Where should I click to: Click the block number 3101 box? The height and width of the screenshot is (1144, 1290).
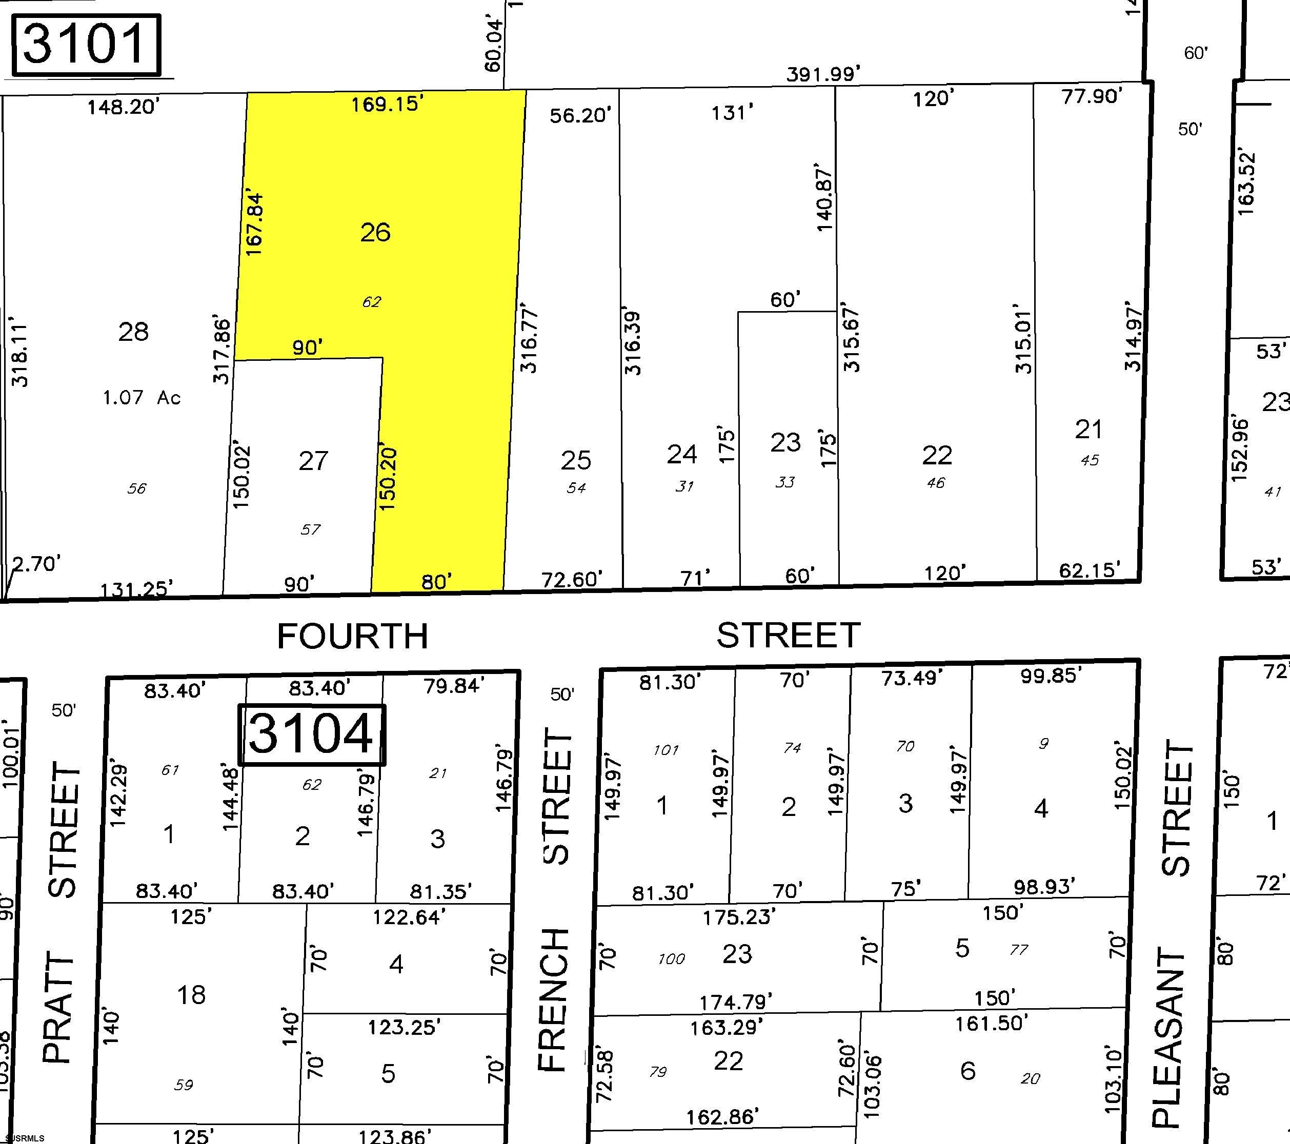87,45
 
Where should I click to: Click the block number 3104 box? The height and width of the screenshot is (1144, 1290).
311,734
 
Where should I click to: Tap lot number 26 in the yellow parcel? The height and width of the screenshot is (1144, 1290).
375,232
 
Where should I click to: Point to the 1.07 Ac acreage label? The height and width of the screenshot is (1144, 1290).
142,398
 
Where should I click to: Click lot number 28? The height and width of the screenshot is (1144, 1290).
133,331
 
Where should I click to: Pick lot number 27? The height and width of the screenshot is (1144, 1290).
313,461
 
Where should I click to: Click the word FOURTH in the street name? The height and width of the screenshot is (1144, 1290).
353,636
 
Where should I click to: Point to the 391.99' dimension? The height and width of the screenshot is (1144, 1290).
823,74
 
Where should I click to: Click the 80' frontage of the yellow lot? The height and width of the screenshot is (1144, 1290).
437,581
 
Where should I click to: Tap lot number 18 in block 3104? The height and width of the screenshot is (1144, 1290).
191,995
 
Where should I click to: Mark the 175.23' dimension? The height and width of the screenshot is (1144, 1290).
738,917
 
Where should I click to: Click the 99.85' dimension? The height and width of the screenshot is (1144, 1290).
1051,676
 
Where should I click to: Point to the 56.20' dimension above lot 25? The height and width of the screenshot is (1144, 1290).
580,115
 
